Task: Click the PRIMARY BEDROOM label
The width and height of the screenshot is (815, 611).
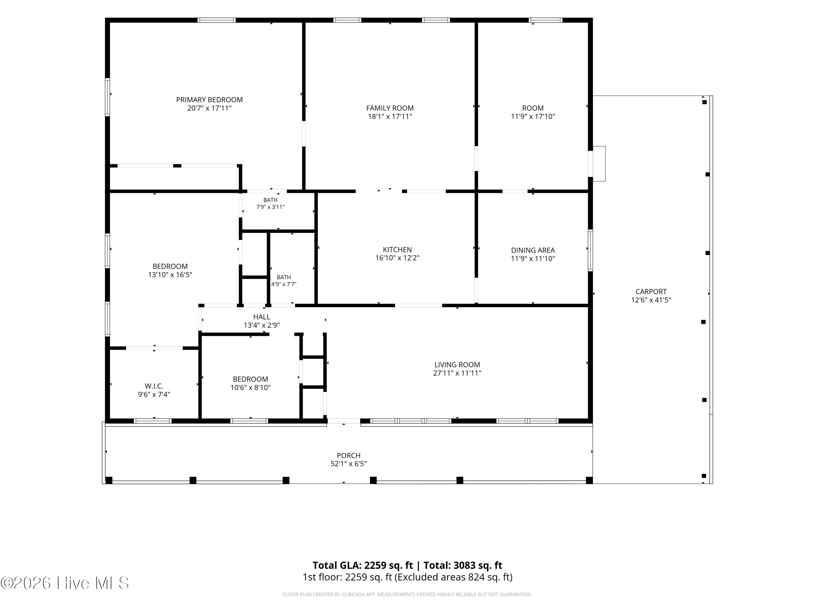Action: click(x=209, y=100)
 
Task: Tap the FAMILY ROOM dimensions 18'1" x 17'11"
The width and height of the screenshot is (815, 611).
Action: click(x=390, y=117)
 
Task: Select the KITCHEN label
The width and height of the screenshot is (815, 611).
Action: click(x=397, y=250)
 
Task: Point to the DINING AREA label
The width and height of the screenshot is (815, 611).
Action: click(x=533, y=250)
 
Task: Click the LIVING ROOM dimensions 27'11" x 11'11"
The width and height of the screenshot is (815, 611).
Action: click(x=457, y=373)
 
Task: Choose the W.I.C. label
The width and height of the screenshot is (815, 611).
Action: click(x=154, y=386)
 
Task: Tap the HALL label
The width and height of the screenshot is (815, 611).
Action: click(x=262, y=317)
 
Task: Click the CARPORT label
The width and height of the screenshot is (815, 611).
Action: click(x=651, y=292)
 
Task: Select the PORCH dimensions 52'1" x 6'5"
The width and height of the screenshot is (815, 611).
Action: click(x=349, y=464)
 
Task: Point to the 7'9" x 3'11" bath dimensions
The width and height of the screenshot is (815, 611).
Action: click(x=270, y=207)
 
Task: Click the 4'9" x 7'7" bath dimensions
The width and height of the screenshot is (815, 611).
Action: click(x=284, y=284)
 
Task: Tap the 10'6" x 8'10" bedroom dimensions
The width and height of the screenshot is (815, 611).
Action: click(x=250, y=388)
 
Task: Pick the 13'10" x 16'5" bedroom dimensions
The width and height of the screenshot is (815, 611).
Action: click(x=170, y=275)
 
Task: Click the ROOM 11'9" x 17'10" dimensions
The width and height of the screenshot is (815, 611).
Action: click(x=533, y=117)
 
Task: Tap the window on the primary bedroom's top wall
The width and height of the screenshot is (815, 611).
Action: click(x=217, y=20)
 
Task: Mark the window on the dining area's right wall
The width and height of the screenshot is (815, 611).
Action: click(x=590, y=250)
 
